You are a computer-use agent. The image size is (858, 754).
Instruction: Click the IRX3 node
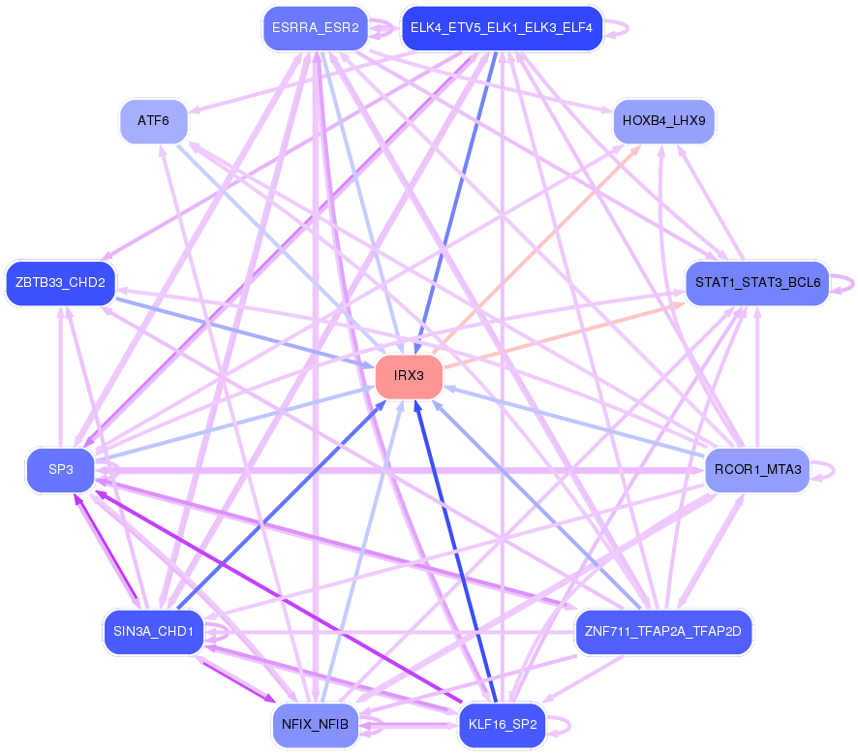(x=409, y=376)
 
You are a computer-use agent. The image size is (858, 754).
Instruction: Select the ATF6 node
(x=153, y=121)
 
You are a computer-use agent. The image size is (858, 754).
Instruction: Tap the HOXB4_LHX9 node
(x=663, y=121)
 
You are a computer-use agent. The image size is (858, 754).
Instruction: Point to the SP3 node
(x=60, y=470)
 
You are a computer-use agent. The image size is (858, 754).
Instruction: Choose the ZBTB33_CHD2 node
(x=60, y=283)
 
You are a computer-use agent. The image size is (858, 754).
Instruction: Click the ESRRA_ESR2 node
(x=315, y=28)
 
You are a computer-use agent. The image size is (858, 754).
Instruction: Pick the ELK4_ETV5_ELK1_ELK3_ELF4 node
(x=503, y=28)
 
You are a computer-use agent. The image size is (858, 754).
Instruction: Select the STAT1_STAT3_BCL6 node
(x=757, y=283)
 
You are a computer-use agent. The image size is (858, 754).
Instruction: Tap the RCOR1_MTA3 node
(x=757, y=470)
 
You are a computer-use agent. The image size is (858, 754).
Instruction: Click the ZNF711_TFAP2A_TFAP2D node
(x=663, y=632)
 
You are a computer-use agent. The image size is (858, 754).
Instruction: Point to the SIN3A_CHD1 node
(x=153, y=632)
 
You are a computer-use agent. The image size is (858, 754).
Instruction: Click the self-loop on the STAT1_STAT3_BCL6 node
(x=844, y=283)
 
